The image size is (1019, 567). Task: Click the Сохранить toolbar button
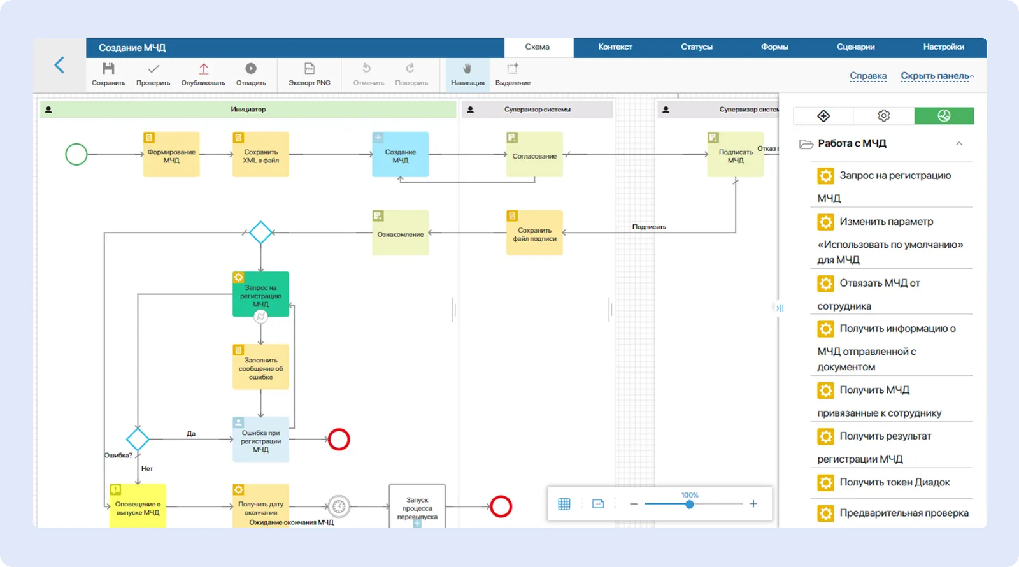pyautogui.click(x=108, y=74)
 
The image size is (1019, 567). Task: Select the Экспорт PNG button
pyautogui.click(x=310, y=74)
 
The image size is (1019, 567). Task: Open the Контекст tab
pyautogui.click(x=615, y=47)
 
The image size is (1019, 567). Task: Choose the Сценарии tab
pyautogui.click(x=855, y=47)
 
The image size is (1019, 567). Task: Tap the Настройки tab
pyautogui.click(x=943, y=47)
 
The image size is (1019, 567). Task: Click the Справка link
pyautogui.click(x=868, y=76)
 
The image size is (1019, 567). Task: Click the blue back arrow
pyautogui.click(x=59, y=65)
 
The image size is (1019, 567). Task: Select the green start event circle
pyautogui.click(x=76, y=154)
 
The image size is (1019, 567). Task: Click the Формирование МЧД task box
pyautogui.click(x=171, y=155)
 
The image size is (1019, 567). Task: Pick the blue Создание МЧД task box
pyautogui.click(x=400, y=155)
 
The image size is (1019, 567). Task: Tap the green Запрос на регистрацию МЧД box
pyautogui.click(x=260, y=294)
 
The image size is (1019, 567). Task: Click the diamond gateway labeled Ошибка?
pyautogui.click(x=138, y=439)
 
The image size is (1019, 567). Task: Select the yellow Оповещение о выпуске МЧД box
pyautogui.click(x=138, y=506)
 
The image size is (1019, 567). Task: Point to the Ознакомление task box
pyautogui.click(x=400, y=233)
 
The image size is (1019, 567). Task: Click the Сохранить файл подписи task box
pyautogui.click(x=534, y=233)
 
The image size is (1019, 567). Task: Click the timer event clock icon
pyautogui.click(x=339, y=506)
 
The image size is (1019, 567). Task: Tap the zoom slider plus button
pyautogui.click(x=753, y=504)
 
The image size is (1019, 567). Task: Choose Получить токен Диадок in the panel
pyautogui.click(x=894, y=482)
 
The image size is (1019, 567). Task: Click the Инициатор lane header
pyautogui.click(x=248, y=110)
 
